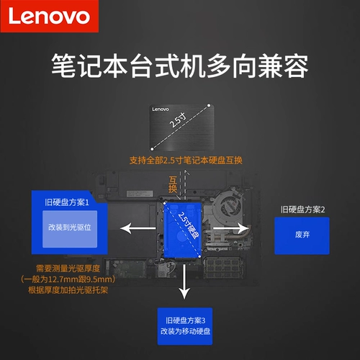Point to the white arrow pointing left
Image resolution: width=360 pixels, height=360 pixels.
(138, 228)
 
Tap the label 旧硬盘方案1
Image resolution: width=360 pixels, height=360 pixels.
(69, 203)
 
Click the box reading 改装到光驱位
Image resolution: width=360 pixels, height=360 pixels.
(70, 226)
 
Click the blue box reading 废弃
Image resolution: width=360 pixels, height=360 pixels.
(302, 235)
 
